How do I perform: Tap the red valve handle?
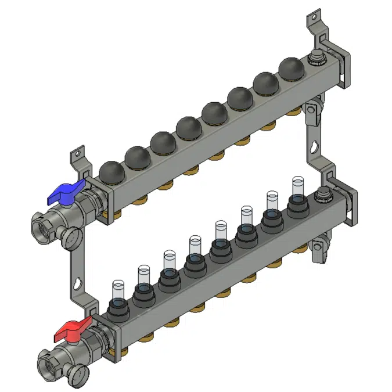pos(73,332)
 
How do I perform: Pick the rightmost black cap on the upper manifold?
pos(290,69)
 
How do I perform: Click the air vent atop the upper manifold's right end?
pos(318,57)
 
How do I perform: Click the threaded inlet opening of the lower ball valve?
pos(49,362)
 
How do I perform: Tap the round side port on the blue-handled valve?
pos(71,235)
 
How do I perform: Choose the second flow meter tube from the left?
pos(144,275)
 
